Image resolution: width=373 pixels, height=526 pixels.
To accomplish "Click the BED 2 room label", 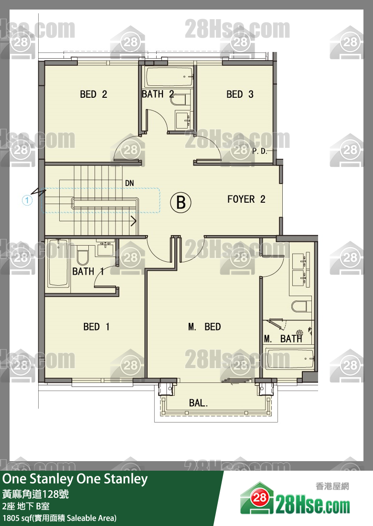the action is pos(94,94).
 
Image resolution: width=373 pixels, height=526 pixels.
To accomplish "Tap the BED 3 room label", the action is pos(240,94).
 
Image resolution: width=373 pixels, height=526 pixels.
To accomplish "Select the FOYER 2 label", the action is pos(246,199).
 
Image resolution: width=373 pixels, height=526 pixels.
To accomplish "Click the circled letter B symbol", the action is pos(181,203).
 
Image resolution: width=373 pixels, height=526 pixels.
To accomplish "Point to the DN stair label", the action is pos(129,183).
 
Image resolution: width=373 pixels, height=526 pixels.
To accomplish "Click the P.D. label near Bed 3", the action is pos(260,151).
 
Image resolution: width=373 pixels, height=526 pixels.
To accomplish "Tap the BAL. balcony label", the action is pos(198,403).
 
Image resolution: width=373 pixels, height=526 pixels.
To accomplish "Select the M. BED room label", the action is pos(204,327).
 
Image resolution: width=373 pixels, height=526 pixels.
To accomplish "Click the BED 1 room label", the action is pos(96,327).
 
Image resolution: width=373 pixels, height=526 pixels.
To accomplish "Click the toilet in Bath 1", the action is pos(82,256).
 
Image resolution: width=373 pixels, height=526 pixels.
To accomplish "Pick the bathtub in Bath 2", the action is pos(170,77).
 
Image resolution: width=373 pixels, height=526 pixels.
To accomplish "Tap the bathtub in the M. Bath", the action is pos(290,359).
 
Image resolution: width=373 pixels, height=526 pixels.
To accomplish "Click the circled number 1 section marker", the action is pos(27,201).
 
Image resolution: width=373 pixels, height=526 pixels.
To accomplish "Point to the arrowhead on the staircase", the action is pos(134,221).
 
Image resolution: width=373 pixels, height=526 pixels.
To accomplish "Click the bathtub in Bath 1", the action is pos(58,263).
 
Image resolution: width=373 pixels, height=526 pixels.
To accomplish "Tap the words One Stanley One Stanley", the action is pos(75,479).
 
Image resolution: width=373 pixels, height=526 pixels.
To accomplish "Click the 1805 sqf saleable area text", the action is pos(60,518).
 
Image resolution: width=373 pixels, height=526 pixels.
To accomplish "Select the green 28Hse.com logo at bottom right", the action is pos(295,499).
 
